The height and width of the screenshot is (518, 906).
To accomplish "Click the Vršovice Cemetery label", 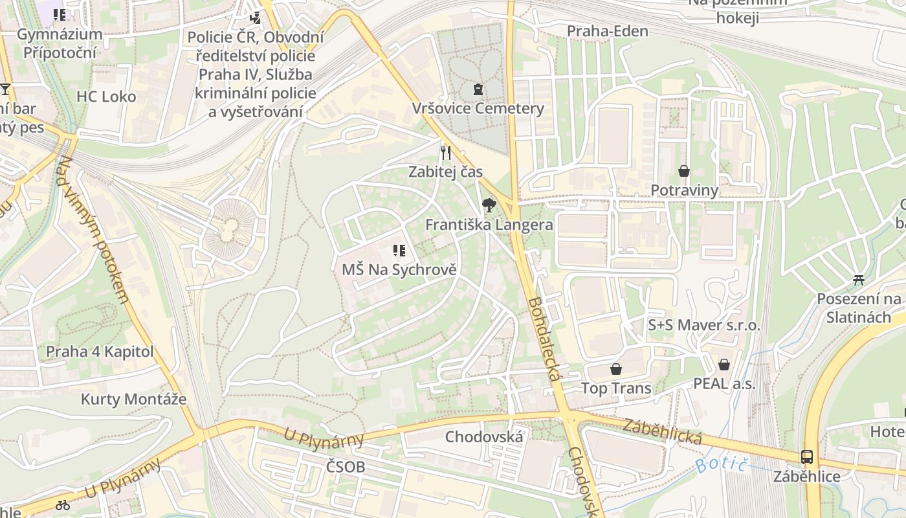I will tap(478, 108).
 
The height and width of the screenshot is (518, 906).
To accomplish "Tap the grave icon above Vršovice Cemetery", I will tap(478, 89).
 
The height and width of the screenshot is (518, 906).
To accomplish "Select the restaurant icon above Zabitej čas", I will tap(445, 152).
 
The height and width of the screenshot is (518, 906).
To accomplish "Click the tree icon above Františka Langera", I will tap(489, 205).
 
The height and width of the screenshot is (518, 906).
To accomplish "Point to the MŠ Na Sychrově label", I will tap(399, 269).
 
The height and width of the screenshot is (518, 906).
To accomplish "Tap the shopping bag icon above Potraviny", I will tap(684, 171).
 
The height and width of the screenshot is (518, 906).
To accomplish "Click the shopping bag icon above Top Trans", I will tap(616, 369).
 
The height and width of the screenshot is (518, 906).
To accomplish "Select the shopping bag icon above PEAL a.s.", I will tap(724, 365).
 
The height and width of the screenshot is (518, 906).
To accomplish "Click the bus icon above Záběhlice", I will tap(807, 456).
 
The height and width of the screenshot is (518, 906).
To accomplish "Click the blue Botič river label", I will tap(722, 464).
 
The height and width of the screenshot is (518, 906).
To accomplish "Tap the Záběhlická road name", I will tap(663, 432).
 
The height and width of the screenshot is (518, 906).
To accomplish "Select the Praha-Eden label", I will tap(608, 31).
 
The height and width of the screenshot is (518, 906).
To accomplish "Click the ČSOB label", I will tap(346, 467).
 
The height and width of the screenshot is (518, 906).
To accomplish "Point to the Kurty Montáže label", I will tap(133, 399).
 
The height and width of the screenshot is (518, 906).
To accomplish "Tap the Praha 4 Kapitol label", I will tap(100, 352).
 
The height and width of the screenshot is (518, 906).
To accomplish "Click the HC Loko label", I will tap(106, 97).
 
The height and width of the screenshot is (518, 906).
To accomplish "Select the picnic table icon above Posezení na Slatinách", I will tap(859, 280).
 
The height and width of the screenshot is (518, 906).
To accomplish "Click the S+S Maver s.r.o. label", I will tap(704, 325).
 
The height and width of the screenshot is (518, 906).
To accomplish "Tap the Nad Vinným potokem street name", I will tap(94, 231).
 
